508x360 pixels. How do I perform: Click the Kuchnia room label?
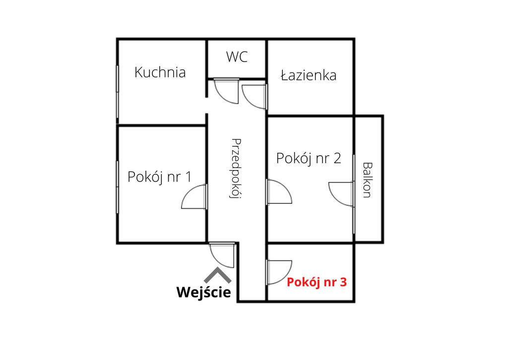[160, 72]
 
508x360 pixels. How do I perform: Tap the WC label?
[237, 57]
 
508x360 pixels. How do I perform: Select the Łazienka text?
[309, 75]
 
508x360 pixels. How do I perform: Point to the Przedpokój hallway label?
[236, 169]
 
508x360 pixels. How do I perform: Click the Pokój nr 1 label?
[159, 177]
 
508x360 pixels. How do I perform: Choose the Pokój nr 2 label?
[309, 158]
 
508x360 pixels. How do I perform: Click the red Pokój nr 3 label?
[317, 282]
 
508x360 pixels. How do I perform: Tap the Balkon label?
[367, 180]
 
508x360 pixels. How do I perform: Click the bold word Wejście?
[204, 292]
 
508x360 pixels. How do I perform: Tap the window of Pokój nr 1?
[117, 187]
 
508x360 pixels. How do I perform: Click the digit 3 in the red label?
[343, 282]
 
